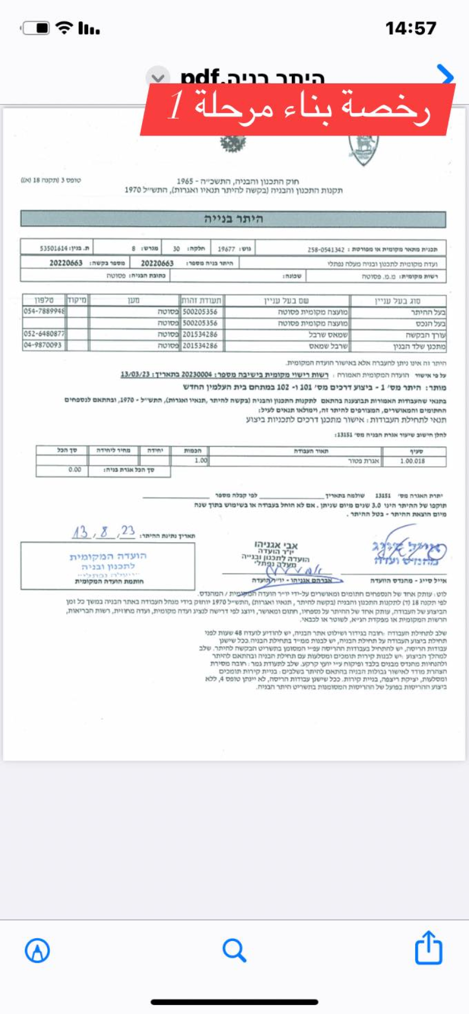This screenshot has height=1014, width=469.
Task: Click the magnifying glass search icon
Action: coord(234,950)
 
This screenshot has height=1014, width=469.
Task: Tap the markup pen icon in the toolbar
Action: coord(37,950)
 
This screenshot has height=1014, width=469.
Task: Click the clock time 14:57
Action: coord(411,28)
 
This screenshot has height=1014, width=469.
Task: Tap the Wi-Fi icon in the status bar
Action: coord(64,28)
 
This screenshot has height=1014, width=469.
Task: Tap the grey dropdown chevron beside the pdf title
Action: coord(158,77)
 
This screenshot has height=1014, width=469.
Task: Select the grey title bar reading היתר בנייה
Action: coord(233,219)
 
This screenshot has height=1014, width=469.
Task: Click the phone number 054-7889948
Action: coord(45,311)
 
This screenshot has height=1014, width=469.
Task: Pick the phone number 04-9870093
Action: coord(43,345)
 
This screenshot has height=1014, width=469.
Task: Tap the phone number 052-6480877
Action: coord(45,334)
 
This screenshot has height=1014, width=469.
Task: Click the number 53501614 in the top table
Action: coord(54,248)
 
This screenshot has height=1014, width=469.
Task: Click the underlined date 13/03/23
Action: coord(135,374)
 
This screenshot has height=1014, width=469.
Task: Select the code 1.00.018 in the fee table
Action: coord(412,461)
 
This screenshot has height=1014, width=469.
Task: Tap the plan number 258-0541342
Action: coord(326,250)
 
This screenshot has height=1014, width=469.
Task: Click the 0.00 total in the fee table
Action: coord(75,470)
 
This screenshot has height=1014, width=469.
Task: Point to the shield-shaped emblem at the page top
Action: coord(363,149)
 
